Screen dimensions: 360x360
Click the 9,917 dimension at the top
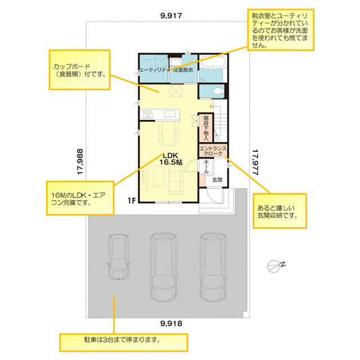171,16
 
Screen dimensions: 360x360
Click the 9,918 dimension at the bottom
171,323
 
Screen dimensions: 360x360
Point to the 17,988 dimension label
80,161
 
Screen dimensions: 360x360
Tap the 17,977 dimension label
255,163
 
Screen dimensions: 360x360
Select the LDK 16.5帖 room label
171,159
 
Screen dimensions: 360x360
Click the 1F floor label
132,201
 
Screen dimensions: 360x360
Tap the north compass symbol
276,266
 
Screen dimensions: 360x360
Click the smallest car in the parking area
118,256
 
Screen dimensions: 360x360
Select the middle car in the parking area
163,267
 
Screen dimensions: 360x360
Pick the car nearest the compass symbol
213,267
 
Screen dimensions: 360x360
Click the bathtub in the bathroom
213,61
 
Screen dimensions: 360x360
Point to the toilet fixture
218,91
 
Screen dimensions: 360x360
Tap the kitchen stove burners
147,114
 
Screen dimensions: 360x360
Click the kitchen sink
170,114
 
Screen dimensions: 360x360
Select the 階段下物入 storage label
206,128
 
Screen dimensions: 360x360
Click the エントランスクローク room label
213,151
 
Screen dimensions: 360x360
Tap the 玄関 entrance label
217,180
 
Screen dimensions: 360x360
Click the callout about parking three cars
124,343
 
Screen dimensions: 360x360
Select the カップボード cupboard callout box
79,70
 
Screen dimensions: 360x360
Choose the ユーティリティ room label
154,70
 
